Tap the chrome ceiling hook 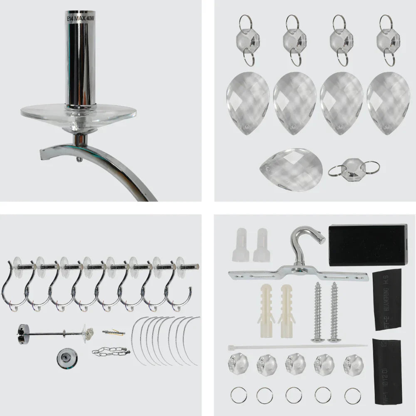306,245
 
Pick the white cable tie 297,346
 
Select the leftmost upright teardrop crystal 248,103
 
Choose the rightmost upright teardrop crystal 388,103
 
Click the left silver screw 318,312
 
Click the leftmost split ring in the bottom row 238,395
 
